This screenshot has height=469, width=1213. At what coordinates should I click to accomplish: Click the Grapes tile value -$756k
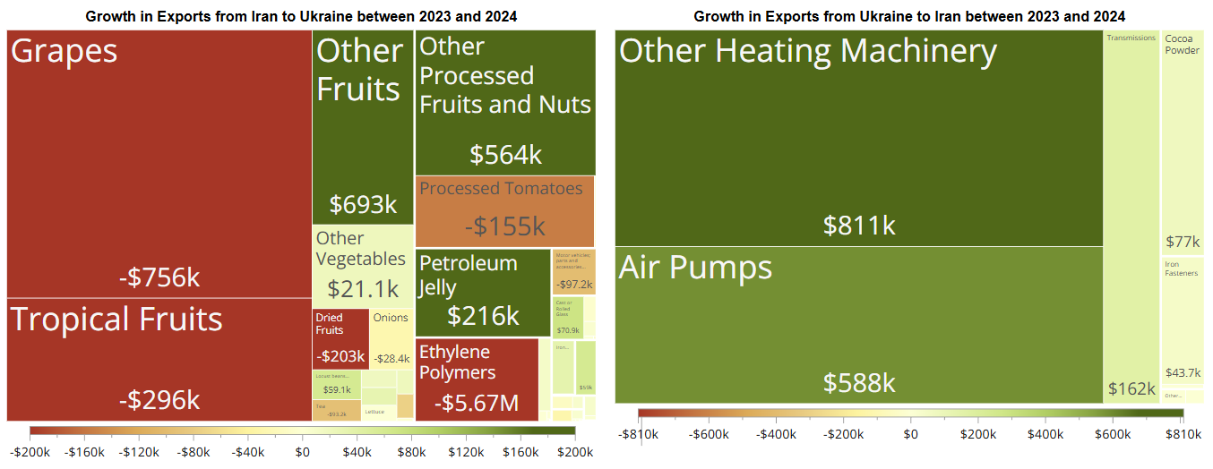pos(159,277)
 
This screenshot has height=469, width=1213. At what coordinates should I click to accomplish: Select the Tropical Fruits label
pos(116,320)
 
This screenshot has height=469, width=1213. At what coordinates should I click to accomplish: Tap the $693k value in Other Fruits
pos(363,205)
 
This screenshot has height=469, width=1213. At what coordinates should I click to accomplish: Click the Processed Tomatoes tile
pos(505,211)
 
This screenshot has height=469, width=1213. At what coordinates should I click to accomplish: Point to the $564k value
pos(506,155)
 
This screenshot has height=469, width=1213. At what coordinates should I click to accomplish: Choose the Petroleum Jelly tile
pos(483,292)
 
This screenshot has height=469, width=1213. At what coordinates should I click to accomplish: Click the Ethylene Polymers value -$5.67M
pos(477,404)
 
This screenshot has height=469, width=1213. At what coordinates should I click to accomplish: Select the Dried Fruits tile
pos(340,338)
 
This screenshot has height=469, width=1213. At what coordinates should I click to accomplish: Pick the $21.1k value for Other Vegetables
pos(363,289)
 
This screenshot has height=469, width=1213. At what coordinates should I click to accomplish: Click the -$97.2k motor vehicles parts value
pos(574,285)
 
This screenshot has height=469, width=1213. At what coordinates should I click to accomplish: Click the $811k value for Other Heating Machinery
pos(859,225)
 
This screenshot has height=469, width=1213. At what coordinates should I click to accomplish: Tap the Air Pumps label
pos(695,268)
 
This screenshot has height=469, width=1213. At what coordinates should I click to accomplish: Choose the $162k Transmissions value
pos(1131,389)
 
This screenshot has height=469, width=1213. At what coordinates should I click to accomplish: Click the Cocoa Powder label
pos(1182,45)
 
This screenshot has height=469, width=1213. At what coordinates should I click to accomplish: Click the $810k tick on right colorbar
pos(1183,434)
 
